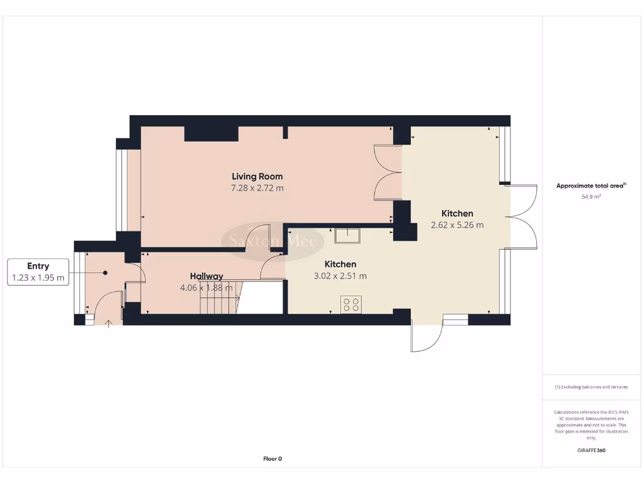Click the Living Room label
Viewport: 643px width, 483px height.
pyautogui.click(x=257, y=177)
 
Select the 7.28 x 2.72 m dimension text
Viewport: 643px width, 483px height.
pyautogui.click(x=257, y=188)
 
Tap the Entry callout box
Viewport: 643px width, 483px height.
pyautogui.click(x=38, y=272)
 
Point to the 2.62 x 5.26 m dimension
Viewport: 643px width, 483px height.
pyautogui.click(x=457, y=225)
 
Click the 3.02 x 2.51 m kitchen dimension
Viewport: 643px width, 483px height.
pyautogui.click(x=340, y=276)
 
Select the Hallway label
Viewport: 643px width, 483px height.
pyautogui.click(x=207, y=276)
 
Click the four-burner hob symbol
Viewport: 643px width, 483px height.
pyautogui.click(x=351, y=304)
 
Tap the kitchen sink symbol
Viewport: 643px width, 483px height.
pyautogui.click(x=347, y=236)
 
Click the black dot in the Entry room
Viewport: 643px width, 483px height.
pyautogui.click(x=105, y=272)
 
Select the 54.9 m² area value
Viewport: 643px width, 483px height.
pyautogui.click(x=591, y=197)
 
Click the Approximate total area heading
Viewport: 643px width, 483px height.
pyautogui.click(x=591, y=186)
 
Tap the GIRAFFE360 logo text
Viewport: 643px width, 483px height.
pyautogui.click(x=591, y=450)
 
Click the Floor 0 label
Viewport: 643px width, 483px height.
pyautogui.click(x=273, y=459)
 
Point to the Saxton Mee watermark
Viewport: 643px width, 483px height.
pyautogui.click(x=272, y=240)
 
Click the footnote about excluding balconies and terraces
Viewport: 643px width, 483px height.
pyautogui.click(x=591, y=387)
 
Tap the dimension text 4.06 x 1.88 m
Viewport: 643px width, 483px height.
pyautogui.click(x=207, y=287)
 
